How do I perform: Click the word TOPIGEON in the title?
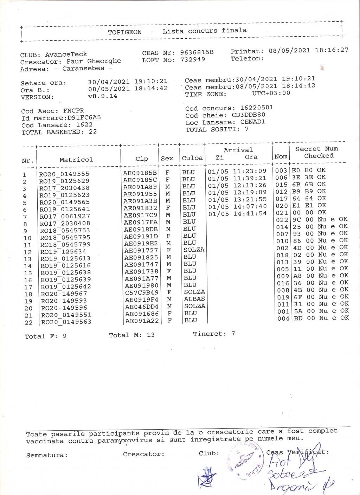125,32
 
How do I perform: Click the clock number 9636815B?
197,52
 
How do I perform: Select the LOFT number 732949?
192,59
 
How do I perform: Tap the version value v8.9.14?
103,96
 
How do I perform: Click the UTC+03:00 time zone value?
271,93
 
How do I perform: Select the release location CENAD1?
253,122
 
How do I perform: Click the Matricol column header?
76,160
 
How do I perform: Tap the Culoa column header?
192,158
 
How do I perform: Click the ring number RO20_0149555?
64,174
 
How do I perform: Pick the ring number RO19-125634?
63,251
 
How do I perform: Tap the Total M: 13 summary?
131,335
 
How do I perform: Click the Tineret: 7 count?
214,334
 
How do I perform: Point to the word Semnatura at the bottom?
47,455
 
